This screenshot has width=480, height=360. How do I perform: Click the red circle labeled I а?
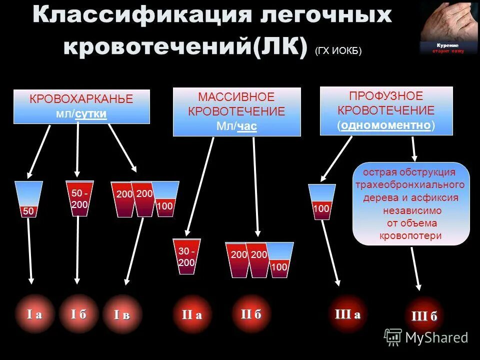(x=34, y=314)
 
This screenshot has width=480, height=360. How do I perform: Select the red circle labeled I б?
(x=78, y=314)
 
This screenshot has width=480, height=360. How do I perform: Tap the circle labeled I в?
(x=122, y=314)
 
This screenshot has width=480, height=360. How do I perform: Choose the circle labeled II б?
(x=251, y=313)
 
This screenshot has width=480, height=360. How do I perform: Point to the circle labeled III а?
(x=347, y=313)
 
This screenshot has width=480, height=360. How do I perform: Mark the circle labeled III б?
(x=424, y=316)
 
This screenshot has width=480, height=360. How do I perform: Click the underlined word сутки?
(x=91, y=114)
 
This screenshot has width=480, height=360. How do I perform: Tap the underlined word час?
(x=246, y=126)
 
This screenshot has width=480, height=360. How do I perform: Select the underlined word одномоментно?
(x=386, y=125)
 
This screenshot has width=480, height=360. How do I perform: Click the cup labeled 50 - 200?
(x=79, y=198)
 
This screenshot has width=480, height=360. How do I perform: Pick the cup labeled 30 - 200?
(x=186, y=256)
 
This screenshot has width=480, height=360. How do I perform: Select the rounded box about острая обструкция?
(x=411, y=203)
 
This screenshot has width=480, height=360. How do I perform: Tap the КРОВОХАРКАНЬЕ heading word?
(x=81, y=99)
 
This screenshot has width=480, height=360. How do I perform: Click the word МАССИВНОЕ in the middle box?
(x=236, y=96)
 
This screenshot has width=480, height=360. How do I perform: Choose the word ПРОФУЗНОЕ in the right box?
(x=386, y=96)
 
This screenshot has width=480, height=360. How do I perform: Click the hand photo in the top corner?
(x=442, y=25)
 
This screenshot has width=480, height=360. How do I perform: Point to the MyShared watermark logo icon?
(x=393, y=336)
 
